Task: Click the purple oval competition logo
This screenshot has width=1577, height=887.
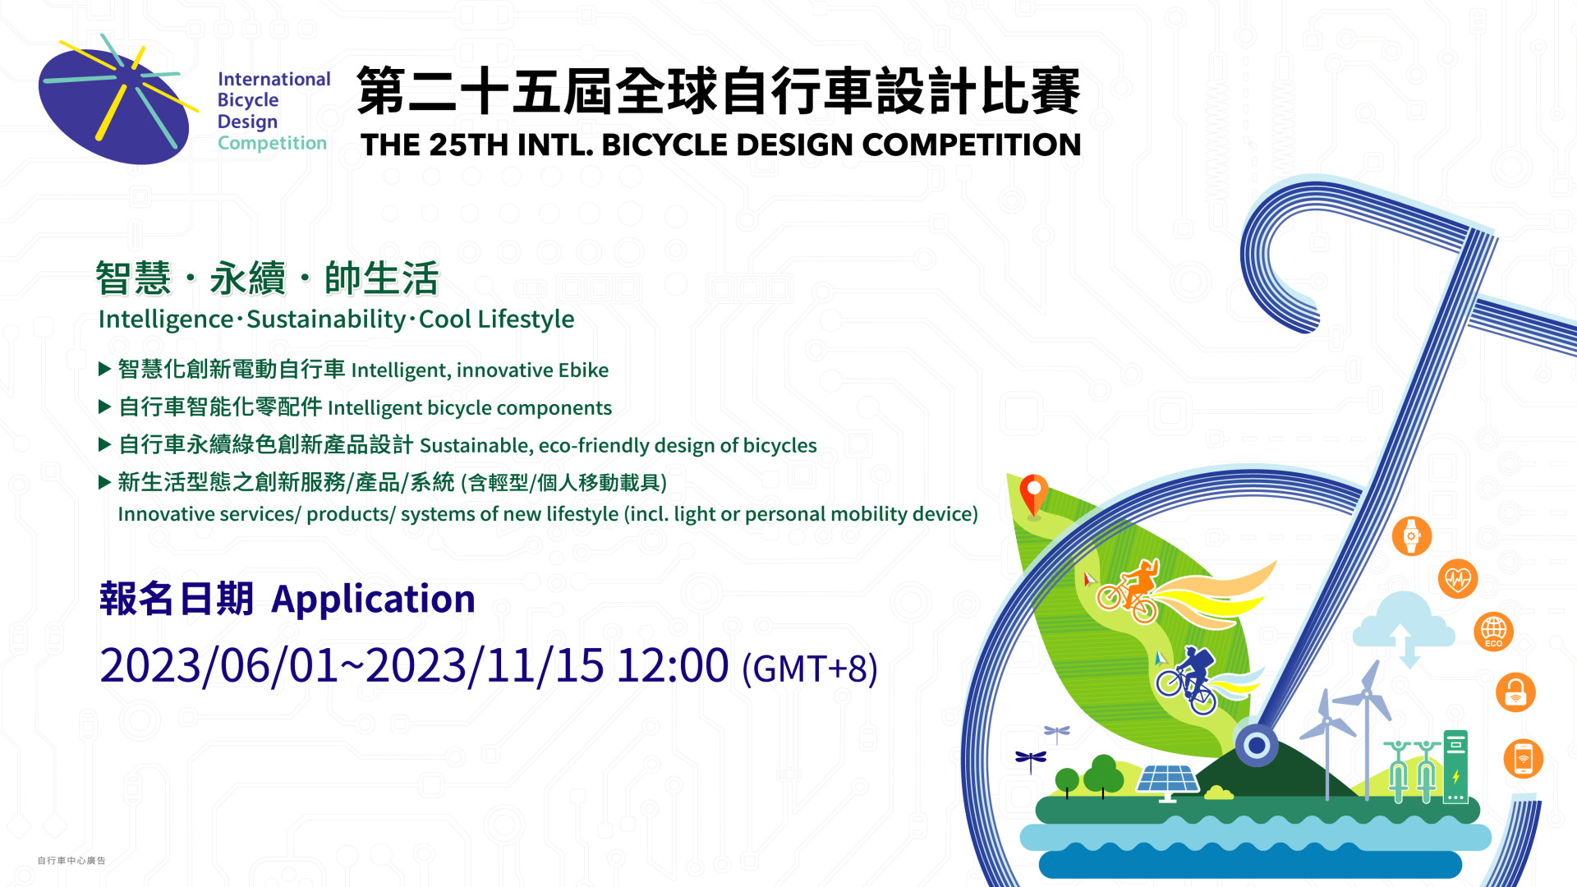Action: pos(115,105)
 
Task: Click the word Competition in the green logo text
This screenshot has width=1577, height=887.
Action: pos(272,143)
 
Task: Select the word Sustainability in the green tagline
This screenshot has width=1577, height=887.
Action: pos(326,319)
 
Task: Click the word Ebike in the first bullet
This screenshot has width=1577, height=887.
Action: pos(583,370)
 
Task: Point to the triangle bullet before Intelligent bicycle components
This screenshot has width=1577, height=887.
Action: pos(104,406)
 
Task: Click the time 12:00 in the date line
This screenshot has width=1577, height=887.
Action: pos(673,665)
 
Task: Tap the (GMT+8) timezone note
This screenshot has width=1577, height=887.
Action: pos(810,669)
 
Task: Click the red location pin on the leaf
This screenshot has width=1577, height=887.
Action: pos(1033,496)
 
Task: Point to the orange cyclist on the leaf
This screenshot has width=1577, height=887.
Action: pos(1130,590)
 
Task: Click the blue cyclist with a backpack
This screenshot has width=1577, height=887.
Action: pos(1187,681)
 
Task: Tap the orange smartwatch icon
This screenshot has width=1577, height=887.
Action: pos(1412,536)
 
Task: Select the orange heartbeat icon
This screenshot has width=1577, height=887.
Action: pos(1458,579)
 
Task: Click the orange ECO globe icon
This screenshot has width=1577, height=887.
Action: pos(1493,632)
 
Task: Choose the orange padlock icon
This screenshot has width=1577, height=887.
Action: pos(1515,692)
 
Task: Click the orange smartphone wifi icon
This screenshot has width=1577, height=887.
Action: pos(1524,759)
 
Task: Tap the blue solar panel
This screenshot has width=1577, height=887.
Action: pos(1167,781)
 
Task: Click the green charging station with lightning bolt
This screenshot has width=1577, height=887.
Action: pos(1455,766)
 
